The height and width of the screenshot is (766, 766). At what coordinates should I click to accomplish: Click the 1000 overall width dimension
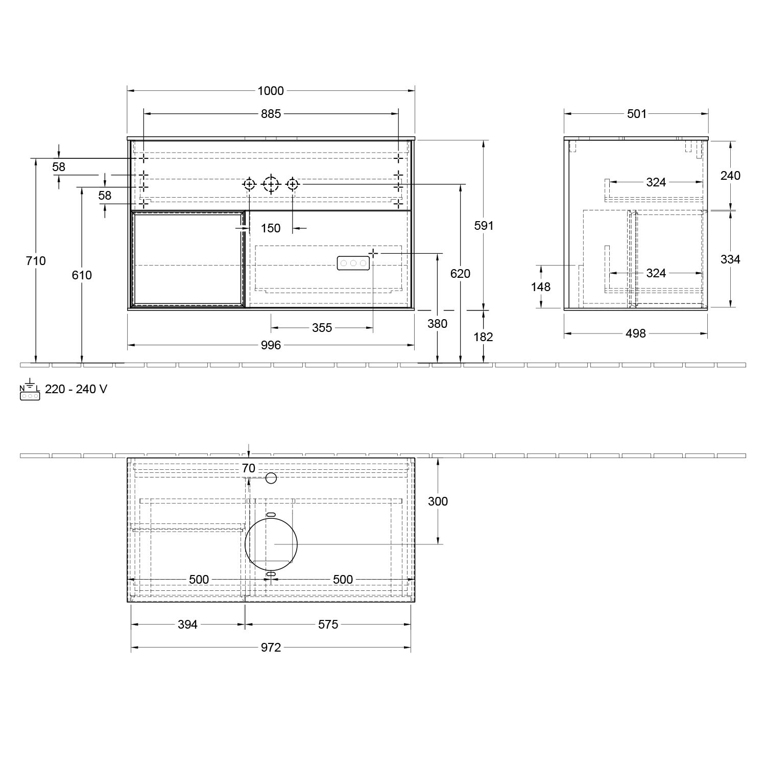(x=271, y=91)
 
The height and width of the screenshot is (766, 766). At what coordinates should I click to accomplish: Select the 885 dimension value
(x=271, y=114)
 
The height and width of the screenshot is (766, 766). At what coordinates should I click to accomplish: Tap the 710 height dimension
(x=36, y=261)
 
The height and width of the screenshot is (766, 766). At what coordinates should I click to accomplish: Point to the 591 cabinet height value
(x=484, y=225)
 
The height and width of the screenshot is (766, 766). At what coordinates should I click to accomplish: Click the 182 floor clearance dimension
(x=483, y=337)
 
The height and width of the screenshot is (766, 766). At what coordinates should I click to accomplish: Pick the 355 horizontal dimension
(x=322, y=328)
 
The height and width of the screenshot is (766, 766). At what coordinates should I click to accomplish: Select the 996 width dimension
(x=271, y=345)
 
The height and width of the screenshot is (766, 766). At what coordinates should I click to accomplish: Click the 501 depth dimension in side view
(x=637, y=114)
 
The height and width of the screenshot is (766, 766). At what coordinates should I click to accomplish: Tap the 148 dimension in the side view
(x=540, y=287)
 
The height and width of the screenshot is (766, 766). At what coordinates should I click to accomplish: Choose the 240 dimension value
(x=730, y=176)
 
